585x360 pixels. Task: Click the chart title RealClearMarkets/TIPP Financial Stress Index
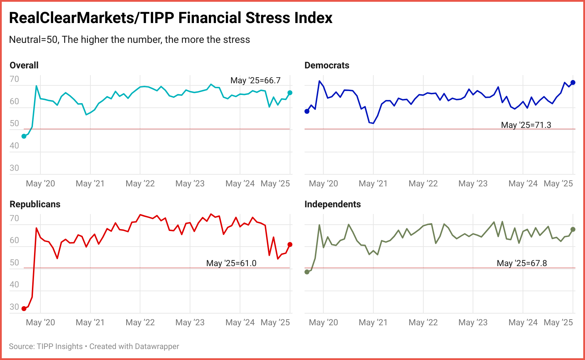click(x=171, y=18)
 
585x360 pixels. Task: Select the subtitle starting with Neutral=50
click(x=129, y=39)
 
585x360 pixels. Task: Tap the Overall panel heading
click(x=24, y=65)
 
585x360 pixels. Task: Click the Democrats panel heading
click(x=327, y=65)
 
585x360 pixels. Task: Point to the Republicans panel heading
click(x=35, y=204)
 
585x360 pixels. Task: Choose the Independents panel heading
click(x=332, y=204)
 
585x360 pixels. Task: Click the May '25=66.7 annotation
click(x=255, y=80)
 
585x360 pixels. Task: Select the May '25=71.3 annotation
click(x=526, y=125)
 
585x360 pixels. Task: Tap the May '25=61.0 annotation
click(x=231, y=263)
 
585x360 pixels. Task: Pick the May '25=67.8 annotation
click(x=522, y=263)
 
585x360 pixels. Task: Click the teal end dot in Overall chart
click(x=290, y=93)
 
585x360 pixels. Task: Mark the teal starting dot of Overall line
click(x=24, y=136)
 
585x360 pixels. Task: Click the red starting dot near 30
click(x=24, y=309)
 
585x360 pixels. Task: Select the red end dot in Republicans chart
click(x=290, y=244)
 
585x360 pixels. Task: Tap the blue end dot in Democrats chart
click(x=573, y=83)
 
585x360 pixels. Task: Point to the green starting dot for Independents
click(x=307, y=272)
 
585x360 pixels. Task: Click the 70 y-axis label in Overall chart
click(x=14, y=79)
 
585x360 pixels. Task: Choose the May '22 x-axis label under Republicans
click(x=140, y=322)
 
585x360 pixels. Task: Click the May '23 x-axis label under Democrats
click(x=473, y=184)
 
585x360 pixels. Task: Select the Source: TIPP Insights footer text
click(x=46, y=346)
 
